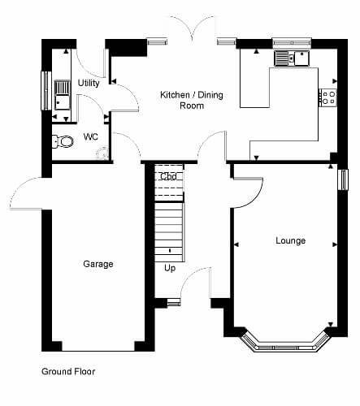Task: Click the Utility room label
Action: point(89,83)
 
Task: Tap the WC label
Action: point(91,137)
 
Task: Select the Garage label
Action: point(98,264)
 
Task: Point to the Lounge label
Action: point(291,240)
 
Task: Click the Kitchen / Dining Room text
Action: point(192,100)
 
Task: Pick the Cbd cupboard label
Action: point(168,176)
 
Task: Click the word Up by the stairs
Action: point(170,268)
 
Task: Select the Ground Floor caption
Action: point(68,372)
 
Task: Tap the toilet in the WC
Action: point(63,141)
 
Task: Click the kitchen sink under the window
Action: point(292,58)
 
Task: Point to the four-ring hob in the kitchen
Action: point(328,97)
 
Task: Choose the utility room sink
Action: point(63,95)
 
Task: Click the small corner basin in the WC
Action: point(102,153)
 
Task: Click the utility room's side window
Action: point(46,91)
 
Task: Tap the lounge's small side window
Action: point(343,180)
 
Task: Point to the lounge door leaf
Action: point(248,179)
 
